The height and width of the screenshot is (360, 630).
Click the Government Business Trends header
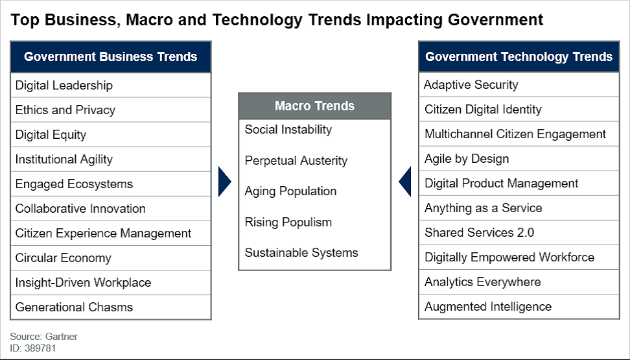[110, 56]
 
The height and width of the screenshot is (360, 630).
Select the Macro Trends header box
[314, 106]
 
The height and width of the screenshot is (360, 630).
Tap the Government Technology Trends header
[519, 56]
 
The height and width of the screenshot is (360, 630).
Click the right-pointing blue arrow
[225, 182]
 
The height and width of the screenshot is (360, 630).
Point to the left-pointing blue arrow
[405, 182]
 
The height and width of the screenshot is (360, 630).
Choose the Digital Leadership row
[110, 85]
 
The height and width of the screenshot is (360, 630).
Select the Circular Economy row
[110, 258]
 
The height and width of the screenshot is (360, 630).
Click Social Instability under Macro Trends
[288, 130]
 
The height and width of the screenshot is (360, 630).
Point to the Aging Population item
[290, 191]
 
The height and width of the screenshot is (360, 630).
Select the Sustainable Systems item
[301, 252]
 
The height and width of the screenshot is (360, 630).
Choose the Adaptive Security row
[519, 85]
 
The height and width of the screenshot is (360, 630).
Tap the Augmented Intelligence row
[519, 307]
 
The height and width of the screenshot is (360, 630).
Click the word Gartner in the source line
[61, 337]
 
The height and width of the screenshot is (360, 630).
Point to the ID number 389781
[40, 348]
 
